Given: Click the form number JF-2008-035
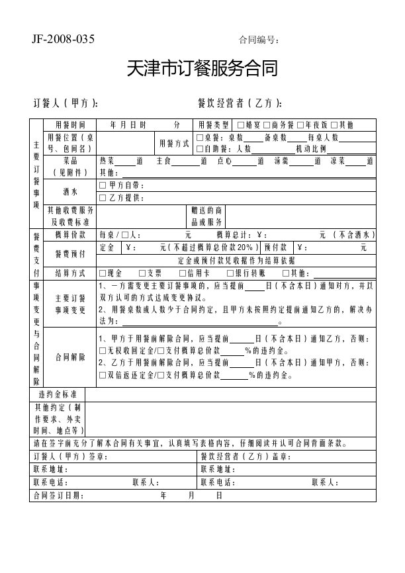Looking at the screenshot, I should point(63,39).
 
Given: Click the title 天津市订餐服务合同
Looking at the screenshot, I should point(202,68).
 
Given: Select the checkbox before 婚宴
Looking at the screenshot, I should point(240,125).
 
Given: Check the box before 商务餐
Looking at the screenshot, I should point(266,125).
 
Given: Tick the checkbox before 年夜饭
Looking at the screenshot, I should point(300,125).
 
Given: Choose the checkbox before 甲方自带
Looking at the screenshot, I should point(103,185).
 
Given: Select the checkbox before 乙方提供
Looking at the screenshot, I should point(103,198).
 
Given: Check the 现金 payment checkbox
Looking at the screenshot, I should point(103,273).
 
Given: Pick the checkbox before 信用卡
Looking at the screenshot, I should point(183,273).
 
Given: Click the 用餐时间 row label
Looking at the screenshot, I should point(69,125).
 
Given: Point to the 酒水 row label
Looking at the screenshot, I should point(69,192).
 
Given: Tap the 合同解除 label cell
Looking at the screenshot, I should point(69,357).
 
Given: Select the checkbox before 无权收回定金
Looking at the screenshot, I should point(103,351).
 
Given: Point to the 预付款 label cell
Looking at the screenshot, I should point(275,248).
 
